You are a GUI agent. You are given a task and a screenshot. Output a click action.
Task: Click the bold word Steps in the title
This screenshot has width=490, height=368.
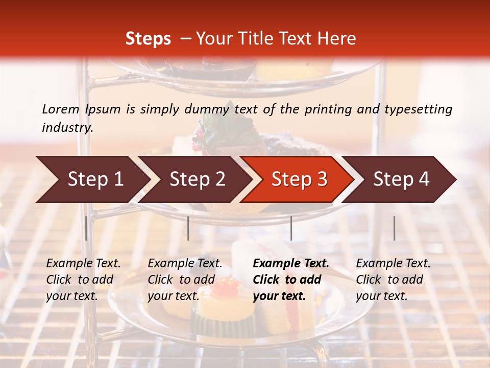click(148, 39)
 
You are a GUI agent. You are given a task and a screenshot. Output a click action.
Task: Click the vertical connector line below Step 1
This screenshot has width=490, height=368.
click(86, 228)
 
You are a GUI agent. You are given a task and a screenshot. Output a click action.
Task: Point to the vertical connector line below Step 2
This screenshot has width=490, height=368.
click(188, 228)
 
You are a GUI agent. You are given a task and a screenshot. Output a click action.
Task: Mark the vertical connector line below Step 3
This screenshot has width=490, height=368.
click(291, 228)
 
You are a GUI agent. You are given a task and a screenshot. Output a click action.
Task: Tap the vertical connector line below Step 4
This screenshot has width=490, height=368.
click(394, 228)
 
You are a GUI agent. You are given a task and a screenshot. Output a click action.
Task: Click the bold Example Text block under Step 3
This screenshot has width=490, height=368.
click(291, 280)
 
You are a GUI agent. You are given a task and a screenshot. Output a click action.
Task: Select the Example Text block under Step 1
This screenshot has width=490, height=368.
click(83, 280)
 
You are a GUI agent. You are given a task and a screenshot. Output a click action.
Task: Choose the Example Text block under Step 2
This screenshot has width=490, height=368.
click(185, 280)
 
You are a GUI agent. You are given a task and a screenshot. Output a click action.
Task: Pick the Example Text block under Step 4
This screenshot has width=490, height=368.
click(393, 280)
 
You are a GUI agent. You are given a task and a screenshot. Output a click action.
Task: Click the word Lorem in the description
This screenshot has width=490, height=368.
click(61, 109)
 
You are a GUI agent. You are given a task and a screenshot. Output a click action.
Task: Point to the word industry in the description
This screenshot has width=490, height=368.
click(67, 127)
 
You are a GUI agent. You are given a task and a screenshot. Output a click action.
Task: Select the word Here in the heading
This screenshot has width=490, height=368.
click(337, 39)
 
